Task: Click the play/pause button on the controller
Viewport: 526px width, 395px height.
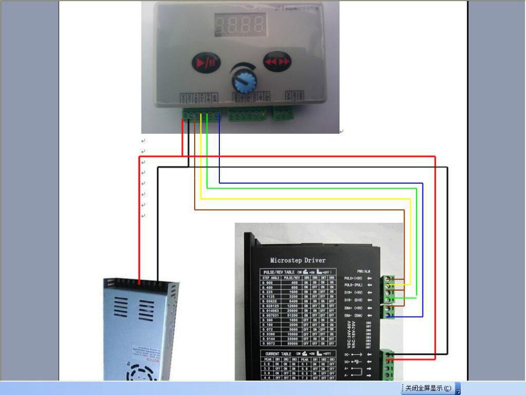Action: click(x=204, y=62)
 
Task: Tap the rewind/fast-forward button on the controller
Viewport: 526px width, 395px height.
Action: click(x=277, y=61)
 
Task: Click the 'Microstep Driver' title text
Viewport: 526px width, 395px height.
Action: click(x=298, y=260)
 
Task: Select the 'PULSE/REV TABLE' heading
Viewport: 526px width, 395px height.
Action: click(x=279, y=272)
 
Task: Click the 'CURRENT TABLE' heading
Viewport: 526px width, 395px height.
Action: click(x=278, y=353)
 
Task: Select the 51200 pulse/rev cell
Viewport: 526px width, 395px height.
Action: click(x=291, y=315)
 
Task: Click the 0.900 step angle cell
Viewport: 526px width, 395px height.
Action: click(x=270, y=283)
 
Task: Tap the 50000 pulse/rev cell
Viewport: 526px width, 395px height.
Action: click(x=291, y=343)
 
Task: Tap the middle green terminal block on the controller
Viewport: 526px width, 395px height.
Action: click(x=246, y=116)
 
